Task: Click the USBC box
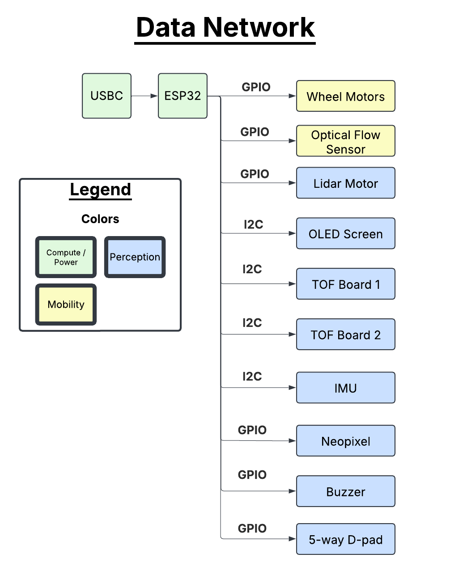(106, 96)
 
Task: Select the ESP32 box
(182, 96)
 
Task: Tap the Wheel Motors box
(345, 96)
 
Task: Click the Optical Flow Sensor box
(345, 141)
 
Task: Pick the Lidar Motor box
(345, 183)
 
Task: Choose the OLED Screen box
(345, 233)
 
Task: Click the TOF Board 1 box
(345, 284)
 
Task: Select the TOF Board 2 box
(345, 334)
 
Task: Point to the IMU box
(345, 388)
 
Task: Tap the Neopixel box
(345, 441)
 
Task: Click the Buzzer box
(345, 491)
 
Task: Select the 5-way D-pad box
(345, 539)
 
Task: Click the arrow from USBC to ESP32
(144, 96)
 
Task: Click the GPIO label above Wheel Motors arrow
(256, 87)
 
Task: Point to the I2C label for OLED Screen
(253, 224)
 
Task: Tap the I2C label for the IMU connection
(252, 376)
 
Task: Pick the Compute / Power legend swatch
(66, 257)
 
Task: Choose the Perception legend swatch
(135, 257)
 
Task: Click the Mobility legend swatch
(66, 304)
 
